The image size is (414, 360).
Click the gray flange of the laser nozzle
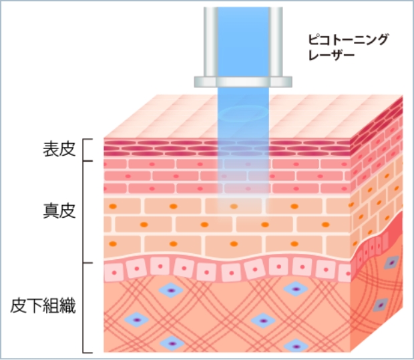pos(244,81)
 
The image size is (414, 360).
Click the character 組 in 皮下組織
pos(51,307)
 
